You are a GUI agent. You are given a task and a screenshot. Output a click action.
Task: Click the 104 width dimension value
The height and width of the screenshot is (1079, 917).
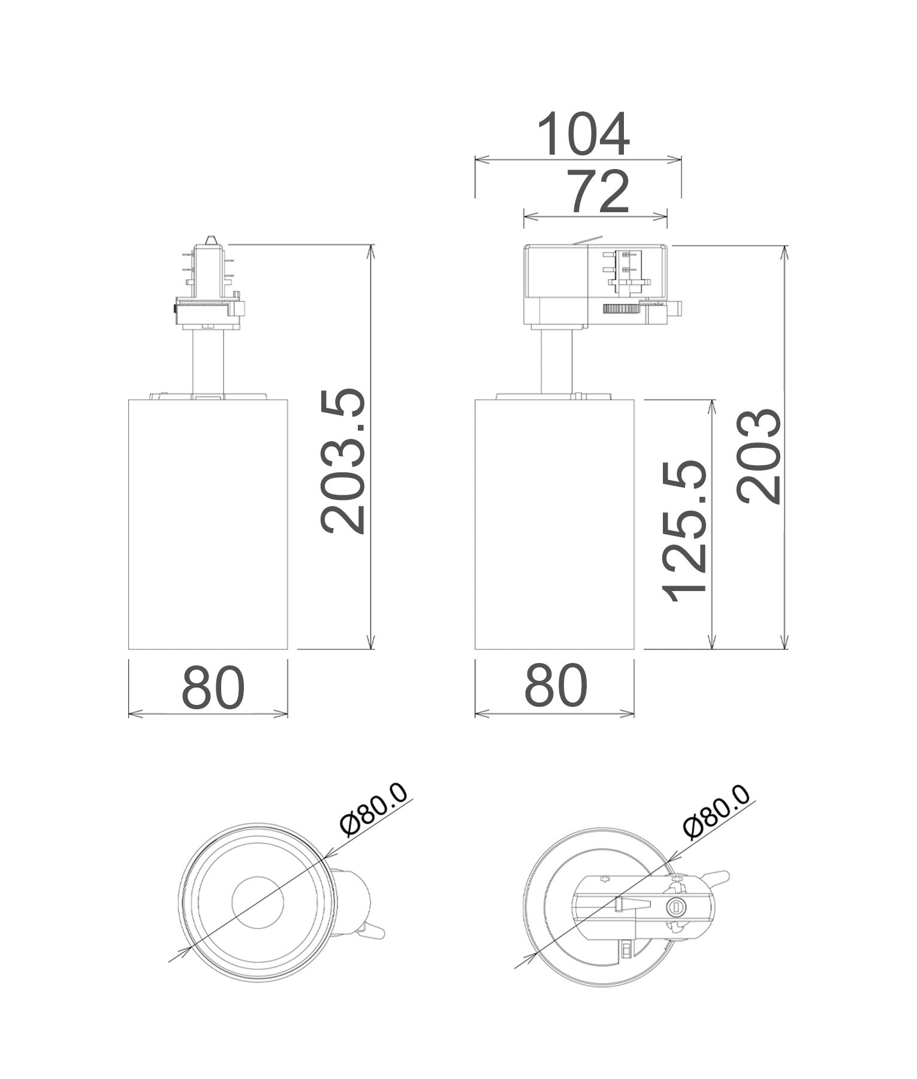point(583,134)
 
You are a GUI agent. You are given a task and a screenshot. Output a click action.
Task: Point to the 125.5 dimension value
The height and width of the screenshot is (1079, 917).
point(685,531)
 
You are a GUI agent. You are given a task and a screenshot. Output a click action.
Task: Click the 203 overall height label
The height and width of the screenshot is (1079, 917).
point(759,456)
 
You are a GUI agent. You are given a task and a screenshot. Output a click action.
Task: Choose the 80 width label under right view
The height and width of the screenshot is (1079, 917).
point(556,685)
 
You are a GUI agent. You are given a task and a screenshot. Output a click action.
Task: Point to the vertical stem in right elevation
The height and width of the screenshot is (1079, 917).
point(556,360)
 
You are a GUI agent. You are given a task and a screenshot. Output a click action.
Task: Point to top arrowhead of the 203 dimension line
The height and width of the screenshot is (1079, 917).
point(785,251)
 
